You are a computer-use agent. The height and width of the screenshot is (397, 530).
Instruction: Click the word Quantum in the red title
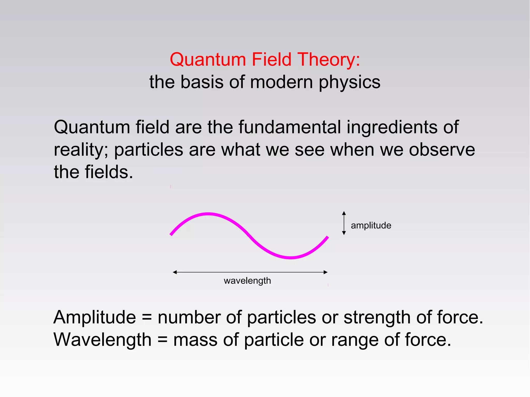[x=208, y=60]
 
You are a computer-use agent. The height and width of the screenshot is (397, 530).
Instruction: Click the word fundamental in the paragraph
[x=289, y=127]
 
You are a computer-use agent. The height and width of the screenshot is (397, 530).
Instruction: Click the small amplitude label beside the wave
[x=371, y=226]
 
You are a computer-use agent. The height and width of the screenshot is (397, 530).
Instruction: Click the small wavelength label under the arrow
[x=247, y=281]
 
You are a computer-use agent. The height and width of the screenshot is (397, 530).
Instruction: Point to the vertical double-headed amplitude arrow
[x=344, y=223]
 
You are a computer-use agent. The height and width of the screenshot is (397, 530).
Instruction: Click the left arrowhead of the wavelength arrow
[x=175, y=272]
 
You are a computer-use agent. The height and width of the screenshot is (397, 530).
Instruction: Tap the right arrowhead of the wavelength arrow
[x=326, y=272]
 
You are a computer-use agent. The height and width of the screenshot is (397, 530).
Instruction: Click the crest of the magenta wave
[x=208, y=214]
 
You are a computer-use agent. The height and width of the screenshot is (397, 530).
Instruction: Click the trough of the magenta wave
[x=290, y=257]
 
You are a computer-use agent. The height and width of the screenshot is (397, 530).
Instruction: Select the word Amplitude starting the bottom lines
[x=94, y=318]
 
